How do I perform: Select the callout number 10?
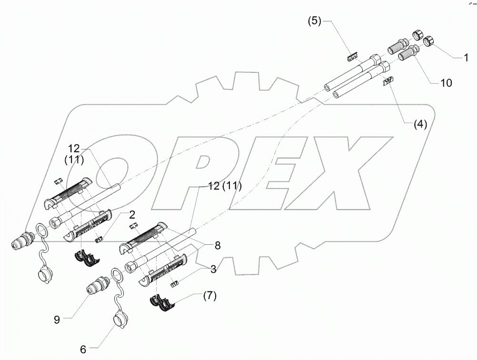point(446,83)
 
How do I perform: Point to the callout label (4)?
point(419,125)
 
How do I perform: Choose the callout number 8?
point(217,246)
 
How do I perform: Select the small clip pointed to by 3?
point(175,284)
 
